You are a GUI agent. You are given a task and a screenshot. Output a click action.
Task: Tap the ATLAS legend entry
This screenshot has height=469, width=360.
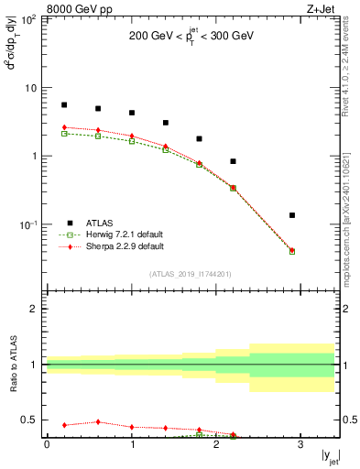click(100, 223)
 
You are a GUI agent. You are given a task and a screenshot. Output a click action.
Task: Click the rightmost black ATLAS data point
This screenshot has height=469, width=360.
click(292, 215)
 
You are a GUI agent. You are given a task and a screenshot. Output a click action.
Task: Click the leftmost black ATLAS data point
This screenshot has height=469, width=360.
click(64, 105)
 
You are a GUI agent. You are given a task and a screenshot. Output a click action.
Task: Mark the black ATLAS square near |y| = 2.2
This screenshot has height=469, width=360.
click(233, 161)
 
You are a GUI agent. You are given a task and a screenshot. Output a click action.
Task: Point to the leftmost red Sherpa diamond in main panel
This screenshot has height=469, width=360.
click(64, 127)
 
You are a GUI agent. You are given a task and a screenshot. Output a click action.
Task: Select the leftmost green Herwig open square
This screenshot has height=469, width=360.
click(64, 134)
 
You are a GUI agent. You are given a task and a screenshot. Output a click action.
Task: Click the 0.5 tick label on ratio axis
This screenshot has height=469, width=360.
click(29, 420)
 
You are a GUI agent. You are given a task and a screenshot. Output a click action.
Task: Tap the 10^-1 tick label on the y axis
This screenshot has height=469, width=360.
click(27, 224)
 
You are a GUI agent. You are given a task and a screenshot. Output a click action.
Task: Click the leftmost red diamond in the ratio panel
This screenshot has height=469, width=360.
click(64, 425)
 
